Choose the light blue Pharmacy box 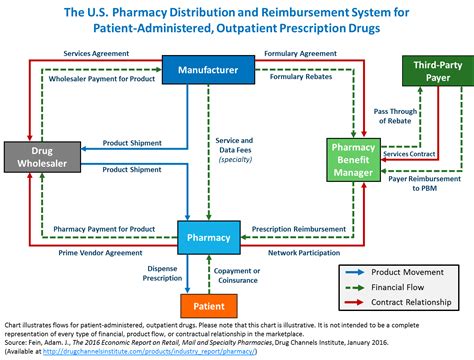pos(208,238)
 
